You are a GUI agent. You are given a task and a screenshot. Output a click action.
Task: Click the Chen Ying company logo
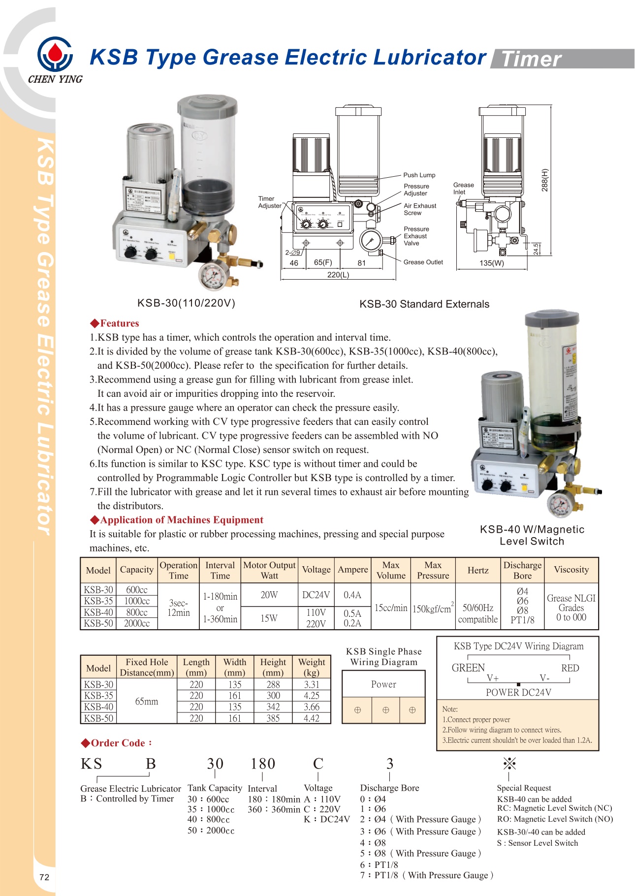pos(55,55)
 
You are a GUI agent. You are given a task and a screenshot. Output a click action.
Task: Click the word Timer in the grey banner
pos(531,59)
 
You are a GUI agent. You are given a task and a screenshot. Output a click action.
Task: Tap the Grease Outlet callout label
pos(423,262)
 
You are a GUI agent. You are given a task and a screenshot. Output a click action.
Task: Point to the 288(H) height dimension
pos(544,180)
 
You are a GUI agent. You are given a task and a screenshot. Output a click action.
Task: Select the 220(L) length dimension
pos(338,275)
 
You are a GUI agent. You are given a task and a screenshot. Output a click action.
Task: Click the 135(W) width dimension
pos(491,263)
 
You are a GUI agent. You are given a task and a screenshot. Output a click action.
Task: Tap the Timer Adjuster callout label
pos(269,202)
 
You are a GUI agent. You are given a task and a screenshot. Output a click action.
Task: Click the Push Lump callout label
pos(419,175)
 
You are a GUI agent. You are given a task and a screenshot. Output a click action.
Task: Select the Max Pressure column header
pos(433,570)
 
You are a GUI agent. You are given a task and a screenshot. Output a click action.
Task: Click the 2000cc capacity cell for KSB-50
pos(136,623)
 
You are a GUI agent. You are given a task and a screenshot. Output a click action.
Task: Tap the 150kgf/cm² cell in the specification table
pos(433,608)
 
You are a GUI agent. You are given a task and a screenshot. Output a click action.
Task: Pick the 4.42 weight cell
pos(311,718)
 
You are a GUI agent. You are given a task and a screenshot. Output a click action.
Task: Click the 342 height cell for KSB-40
pos(273,707)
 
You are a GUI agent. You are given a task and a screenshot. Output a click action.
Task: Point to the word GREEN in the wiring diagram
pos(468,668)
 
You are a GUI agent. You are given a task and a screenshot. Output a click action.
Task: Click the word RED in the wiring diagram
pos(570,668)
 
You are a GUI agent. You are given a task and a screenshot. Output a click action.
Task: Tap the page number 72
pos(44,877)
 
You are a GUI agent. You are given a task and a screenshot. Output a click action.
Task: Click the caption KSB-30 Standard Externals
pos(424,304)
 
